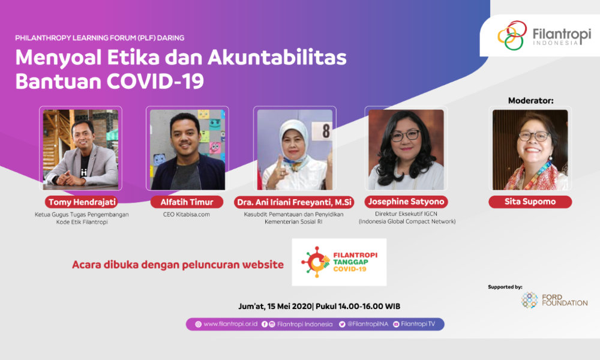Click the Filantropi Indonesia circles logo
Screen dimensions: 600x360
(512, 35)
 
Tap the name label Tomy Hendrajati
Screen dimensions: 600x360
(82, 202)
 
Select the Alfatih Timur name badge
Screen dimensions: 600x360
(187, 202)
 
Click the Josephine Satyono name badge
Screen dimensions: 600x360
(406, 202)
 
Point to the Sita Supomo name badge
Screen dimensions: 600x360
(530, 202)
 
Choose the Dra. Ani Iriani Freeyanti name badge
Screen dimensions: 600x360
(294, 202)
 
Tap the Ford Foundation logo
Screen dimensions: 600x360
(554, 300)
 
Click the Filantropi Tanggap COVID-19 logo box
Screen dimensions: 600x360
(339, 262)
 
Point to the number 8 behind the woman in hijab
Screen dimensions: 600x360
(326, 131)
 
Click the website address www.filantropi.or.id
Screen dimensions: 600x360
(230, 324)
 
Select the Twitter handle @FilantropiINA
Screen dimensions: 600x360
(367, 324)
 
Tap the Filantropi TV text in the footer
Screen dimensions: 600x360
(418, 324)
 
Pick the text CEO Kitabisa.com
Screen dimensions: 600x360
(187, 214)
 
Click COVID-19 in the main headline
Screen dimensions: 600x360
(155, 81)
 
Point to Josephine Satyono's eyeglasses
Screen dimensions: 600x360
(405, 136)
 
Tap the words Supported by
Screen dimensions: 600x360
(505, 287)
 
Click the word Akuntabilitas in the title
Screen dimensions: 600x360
(277, 58)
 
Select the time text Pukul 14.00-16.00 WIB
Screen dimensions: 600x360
(358, 306)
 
